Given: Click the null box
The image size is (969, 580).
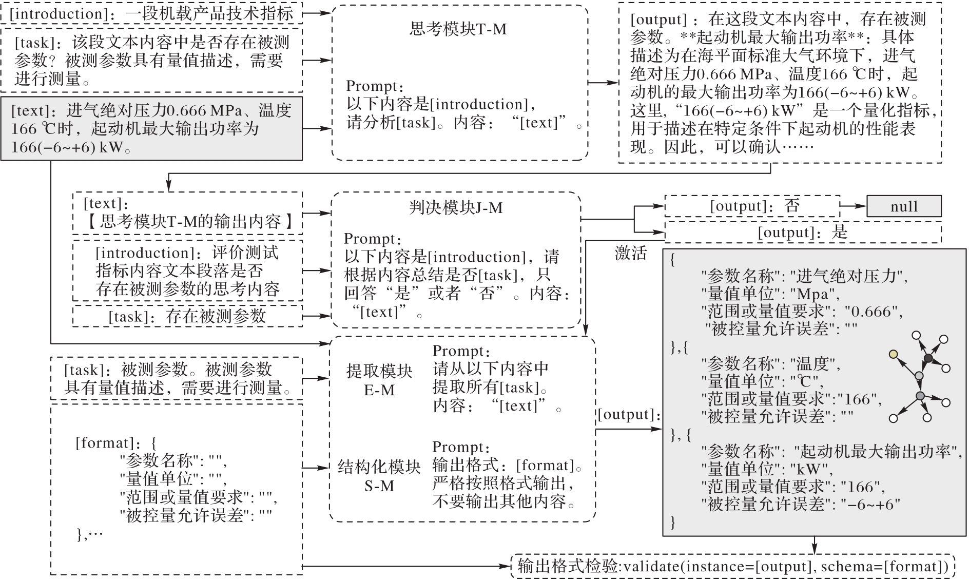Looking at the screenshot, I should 904,206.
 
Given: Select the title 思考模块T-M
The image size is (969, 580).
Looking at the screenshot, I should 458,29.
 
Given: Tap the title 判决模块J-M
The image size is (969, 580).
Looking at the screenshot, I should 456,208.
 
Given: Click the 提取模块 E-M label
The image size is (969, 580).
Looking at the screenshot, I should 379,380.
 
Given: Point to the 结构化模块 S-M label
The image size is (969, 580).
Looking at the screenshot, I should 379,476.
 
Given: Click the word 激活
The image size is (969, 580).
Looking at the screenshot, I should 631,253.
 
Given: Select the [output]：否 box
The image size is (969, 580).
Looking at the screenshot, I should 752,206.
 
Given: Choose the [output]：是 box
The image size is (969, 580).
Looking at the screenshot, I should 803,233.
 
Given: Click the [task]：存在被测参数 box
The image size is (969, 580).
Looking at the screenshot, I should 187,316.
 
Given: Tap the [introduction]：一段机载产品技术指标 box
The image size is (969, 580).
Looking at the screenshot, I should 151,13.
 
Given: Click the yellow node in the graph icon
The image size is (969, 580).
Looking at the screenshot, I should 894,354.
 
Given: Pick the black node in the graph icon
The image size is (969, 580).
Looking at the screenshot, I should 928,358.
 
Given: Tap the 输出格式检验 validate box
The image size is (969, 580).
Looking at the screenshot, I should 733,566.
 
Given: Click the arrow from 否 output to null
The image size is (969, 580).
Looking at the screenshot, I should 854,206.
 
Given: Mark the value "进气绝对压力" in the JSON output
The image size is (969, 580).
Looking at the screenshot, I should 849,277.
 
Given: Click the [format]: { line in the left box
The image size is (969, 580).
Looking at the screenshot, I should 117,442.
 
